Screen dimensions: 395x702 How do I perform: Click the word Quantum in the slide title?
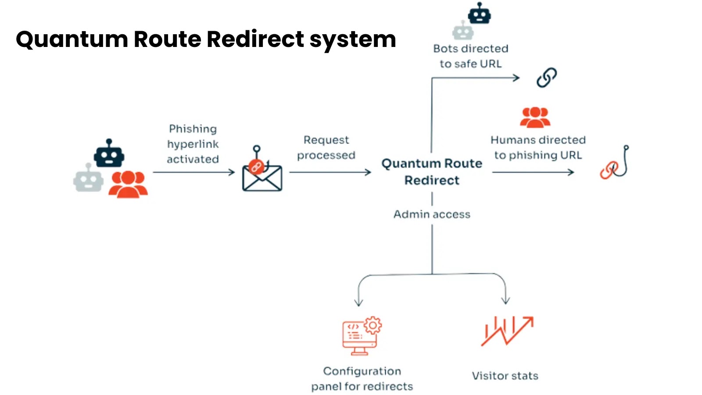(x=72, y=39)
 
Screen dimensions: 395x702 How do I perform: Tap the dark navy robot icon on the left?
(x=109, y=154)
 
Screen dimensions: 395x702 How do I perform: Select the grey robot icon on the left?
(x=88, y=179)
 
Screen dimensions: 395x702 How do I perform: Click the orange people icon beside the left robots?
(x=128, y=184)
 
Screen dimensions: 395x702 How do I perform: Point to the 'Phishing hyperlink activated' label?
(x=193, y=144)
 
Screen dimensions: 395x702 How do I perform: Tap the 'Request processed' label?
(x=326, y=147)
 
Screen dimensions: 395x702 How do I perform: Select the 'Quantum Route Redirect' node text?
(x=432, y=172)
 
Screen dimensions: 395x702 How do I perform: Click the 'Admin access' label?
(x=432, y=214)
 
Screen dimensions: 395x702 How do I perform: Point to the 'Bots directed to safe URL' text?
(x=470, y=56)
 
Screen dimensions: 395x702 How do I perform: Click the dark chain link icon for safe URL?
(x=547, y=78)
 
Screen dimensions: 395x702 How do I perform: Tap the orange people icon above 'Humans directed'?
(x=535, y=117)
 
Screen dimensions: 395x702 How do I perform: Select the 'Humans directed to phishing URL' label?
(x=538, y=147)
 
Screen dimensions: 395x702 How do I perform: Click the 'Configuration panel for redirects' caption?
(x=362, y=379)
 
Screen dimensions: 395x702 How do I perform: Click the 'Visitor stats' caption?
(x=505, y=376)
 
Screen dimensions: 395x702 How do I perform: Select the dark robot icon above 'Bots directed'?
(x=479, y=14)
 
